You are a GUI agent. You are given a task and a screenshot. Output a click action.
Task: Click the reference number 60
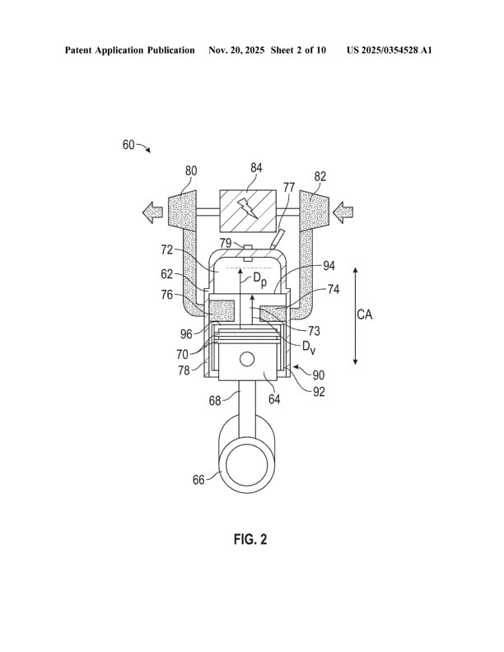pos(128,144)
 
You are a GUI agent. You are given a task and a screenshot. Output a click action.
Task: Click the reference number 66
pos(198,479)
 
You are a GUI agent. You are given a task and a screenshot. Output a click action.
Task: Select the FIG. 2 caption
pos(250,539)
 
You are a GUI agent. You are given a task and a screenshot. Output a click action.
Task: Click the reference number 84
pos(256,168)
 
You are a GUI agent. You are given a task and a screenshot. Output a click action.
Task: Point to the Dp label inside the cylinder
pos(259,280)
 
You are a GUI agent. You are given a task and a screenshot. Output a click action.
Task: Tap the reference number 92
pos(318,392)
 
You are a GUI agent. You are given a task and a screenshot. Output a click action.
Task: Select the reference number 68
pos(214,401)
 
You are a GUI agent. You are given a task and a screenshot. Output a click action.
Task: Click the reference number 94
pos(329,266)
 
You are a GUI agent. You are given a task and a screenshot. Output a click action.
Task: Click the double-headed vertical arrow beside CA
pos(354,314)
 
